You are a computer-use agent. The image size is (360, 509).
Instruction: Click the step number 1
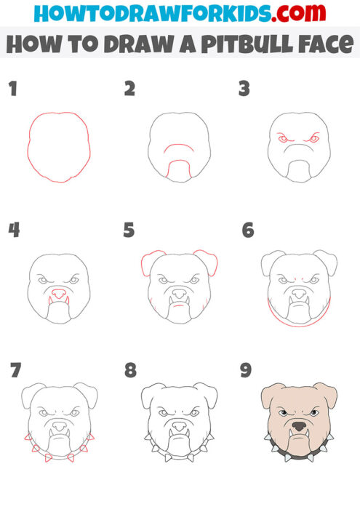pyautogui.click(x=12, y=89)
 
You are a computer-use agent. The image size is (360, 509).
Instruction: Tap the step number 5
pyautogui.click(x=129, y=231)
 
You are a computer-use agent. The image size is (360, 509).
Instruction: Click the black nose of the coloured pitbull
pyautogui.click(x=300, y=427)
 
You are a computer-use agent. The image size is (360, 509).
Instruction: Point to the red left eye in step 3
pyautogui.click(x=284, y=138)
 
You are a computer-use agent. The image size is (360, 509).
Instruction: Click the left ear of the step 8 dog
pyautogui.click(x=153, y=396)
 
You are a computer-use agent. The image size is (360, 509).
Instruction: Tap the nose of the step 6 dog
pyautogui.click(x=299, y=293)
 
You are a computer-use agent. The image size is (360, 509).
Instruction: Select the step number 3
pyautogui.click(x=244, y=89)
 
